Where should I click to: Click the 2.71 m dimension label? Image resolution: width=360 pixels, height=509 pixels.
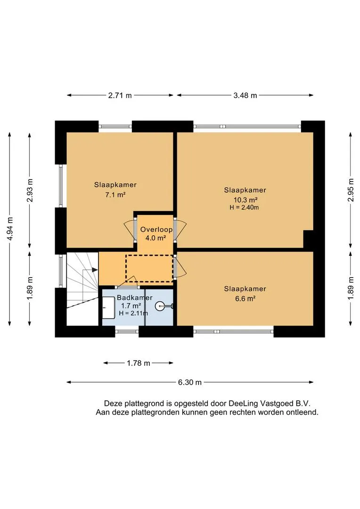(120, 95)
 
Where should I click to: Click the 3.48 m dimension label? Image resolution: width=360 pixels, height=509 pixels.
(245, 95)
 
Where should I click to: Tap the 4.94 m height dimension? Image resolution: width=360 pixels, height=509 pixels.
(10, 229)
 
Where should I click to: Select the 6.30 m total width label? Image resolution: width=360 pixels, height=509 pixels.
(189, 382)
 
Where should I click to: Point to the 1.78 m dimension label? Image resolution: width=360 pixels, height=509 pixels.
(138, 363)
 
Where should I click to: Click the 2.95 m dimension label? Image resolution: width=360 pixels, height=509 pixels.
(351, 190)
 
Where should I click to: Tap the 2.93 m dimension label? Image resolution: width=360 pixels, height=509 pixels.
(30, 190)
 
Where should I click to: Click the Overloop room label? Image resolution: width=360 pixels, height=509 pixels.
(156, 230)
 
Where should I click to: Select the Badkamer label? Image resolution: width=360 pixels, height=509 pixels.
(135, 298)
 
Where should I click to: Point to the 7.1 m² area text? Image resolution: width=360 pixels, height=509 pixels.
(115, 195)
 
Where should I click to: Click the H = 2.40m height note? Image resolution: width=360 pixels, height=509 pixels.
(244, 207)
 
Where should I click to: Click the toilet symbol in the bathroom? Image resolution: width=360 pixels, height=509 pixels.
(163, 306)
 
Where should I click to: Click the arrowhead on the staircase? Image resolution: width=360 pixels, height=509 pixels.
(95, 270)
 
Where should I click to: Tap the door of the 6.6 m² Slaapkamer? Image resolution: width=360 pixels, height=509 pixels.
(180, 266)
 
